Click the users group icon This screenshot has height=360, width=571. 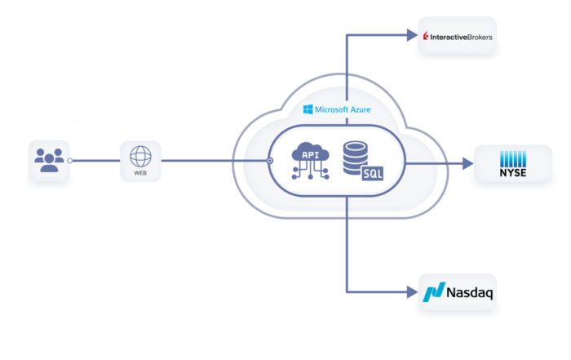click(x=49, y=160)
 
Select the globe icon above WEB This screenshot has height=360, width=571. click(x=140, y=156)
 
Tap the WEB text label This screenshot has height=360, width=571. click(x=140, y=173)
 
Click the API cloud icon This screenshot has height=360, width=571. click(x=310, y=161)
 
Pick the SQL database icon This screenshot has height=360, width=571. click(x=363, y=161)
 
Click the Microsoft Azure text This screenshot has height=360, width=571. click(x=343, y=109)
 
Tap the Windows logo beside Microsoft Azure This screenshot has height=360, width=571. click(x=308, y=109)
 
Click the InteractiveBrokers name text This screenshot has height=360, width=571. click(x=461, y=38)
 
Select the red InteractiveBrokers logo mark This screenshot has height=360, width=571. click(x=425, y=36)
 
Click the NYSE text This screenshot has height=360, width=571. click(x=513, y=173)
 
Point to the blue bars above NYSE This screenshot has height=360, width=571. click(x=513, y=159)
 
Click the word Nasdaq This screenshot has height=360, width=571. click(x=470, y=292)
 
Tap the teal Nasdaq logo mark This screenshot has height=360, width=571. click(x=434, y=292)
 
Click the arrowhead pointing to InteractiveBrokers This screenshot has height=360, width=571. click(x=412, y=35)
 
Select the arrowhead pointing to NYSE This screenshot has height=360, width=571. click(x=468, y=163)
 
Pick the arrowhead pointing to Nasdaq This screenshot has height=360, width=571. click(x=412, y=292)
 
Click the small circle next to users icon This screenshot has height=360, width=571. click(x=69, y=161)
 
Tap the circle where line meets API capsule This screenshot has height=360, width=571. click(x=270, y=161)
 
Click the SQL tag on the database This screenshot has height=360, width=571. click(x=373, y=173)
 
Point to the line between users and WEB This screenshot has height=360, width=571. click(x=96, y=161)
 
